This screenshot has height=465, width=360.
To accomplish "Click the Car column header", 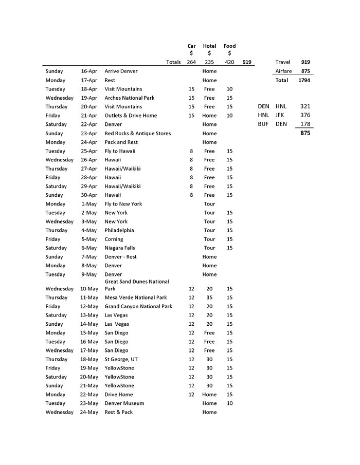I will pos(191,46).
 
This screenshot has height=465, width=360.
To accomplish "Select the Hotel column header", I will pos(209,46).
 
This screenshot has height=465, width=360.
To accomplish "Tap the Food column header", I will pos(229,46).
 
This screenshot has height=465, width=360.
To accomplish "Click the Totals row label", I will pos(173,62).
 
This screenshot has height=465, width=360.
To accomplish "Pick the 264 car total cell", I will pos(191,62).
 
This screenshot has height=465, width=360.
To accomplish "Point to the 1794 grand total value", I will pos(303,80).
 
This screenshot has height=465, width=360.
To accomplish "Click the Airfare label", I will pos(283,71).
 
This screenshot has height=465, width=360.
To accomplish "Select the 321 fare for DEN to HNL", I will pos(305,106).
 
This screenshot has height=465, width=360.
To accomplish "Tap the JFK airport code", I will pos(280,115).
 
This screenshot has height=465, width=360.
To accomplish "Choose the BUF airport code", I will pos(263,124).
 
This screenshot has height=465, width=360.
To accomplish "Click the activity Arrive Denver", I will pos(121,71).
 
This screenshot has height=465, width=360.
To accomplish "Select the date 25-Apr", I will pos(89,151).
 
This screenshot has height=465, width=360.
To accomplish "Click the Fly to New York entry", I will pos(123,204).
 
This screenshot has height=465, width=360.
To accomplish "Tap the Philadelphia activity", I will pos(119,230).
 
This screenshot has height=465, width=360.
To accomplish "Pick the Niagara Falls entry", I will pos(120,248).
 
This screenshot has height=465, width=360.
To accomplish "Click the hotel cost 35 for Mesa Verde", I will pos(209,297).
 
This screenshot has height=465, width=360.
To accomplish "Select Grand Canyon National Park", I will pos(138,306).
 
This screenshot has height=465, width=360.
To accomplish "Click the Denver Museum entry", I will pos(124,403).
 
